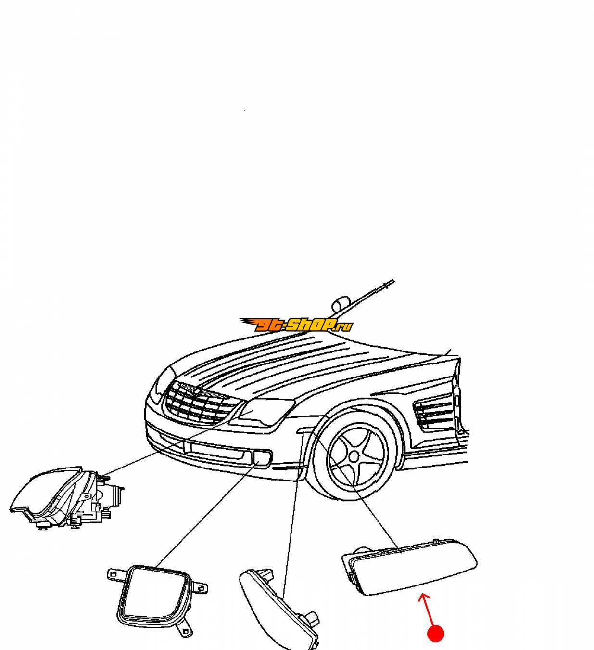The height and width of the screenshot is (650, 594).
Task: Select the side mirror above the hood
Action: [x=340, y=304]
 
